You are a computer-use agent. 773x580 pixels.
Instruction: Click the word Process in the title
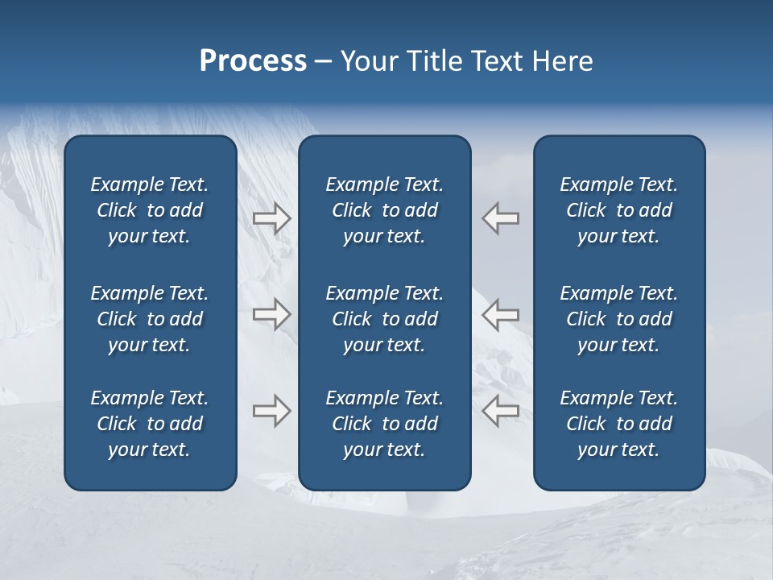(253, 61)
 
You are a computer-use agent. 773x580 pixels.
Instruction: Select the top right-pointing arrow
(271, 218)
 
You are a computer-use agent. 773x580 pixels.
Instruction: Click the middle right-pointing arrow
(271, 313)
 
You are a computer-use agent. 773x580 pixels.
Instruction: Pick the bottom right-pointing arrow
(271, 411)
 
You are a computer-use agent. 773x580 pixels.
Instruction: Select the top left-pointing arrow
(500, 218)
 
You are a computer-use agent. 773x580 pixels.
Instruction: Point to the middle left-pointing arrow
(500, 313)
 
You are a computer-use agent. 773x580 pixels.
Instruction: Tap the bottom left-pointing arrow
(500, 411)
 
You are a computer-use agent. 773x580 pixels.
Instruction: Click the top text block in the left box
(150, 210)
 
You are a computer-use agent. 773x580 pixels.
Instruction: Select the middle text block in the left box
(150, 319)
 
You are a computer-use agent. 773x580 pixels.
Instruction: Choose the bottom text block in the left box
(150, 424)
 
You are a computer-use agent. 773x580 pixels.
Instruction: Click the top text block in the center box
(385, 210)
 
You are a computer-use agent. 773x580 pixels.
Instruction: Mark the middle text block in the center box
(385, 319)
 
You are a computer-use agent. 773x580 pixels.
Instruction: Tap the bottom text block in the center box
(385, 424)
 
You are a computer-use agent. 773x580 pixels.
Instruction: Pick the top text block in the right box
(619, 210)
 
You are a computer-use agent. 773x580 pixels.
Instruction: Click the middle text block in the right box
(619, 319)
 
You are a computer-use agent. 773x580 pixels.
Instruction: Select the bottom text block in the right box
(619, 424)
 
